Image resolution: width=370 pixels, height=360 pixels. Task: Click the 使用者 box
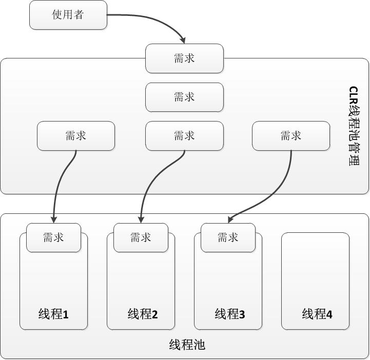coord(68,15)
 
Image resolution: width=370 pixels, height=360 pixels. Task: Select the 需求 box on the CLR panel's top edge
coord(184,58)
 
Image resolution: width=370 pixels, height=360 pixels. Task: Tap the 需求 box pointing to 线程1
coord(76,136)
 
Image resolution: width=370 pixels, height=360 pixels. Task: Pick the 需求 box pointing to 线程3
coord(291,136)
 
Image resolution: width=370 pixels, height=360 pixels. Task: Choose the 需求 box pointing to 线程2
coord(184,136)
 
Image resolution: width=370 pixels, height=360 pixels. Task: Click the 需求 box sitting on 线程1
coord(53,237)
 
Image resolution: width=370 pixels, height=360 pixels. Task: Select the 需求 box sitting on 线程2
coord(141,237)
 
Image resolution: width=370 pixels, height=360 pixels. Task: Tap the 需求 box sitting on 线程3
coord(228,237)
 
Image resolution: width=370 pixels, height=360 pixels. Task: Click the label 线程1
coord(53,314)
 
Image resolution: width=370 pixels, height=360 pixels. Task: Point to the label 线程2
coord(143,314)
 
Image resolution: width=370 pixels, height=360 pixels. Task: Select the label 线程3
coord(230,314)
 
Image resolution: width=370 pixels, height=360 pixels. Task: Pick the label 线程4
coord(317,314)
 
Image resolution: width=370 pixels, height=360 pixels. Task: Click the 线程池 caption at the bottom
coord(187,345)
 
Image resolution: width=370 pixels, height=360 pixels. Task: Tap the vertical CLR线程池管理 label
coord(354,126)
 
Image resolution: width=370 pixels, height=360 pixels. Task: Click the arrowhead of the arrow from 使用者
coord(182,41)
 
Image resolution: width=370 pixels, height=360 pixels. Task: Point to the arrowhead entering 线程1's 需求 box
coord(53,219)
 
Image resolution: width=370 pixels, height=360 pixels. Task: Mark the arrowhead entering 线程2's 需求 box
coord(141,219)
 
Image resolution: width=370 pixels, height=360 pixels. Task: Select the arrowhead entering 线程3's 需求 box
coord(230,220)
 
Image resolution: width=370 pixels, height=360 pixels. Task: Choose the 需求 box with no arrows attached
coord(184,97)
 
